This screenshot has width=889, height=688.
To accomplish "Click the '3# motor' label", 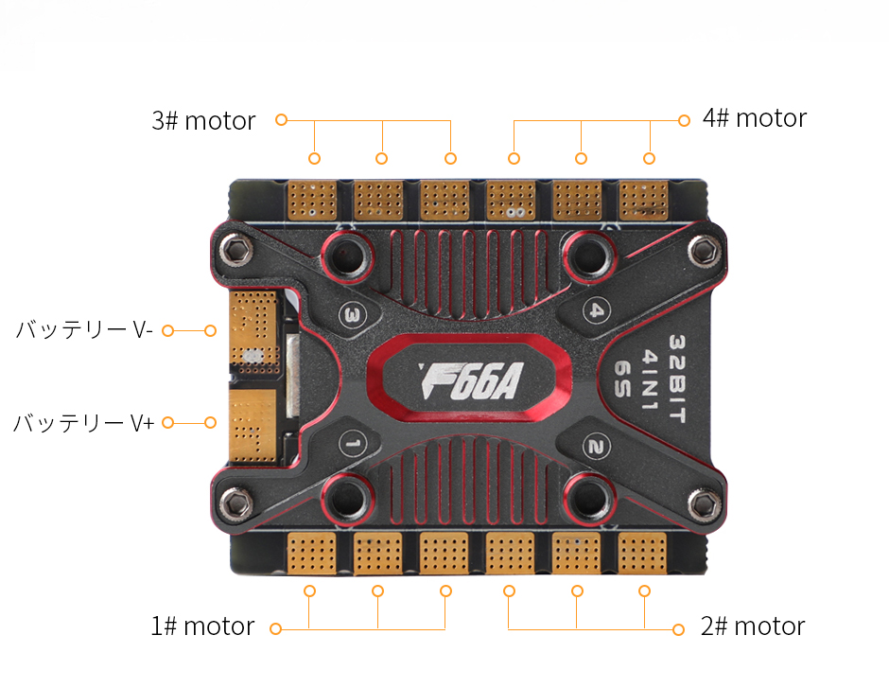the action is [x=203, y=121].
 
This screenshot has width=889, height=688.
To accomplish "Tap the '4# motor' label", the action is [x=754, y=118].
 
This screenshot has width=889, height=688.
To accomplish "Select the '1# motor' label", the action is [x=202, y=626].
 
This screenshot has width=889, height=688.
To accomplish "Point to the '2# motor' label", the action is [x=753, y=626].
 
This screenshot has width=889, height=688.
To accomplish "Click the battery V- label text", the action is [x=84, y=329].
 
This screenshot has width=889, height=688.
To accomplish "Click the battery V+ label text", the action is [x=83, y=423].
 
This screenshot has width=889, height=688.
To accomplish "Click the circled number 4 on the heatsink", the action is [x=597, y=310].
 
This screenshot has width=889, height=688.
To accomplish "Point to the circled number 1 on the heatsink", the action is [x=352, y=443].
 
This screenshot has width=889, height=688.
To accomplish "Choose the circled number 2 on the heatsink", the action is [x=596, y=447].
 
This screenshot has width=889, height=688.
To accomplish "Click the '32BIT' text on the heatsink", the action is [x=677, y=379].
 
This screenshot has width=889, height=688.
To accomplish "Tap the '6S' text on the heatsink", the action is [x=622, y=379].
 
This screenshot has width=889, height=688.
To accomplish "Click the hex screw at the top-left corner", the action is [x=235, y=250].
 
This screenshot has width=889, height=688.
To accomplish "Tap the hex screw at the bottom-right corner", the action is [x=705, y=503].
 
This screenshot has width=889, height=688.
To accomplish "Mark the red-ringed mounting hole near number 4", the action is [x=589, y=257].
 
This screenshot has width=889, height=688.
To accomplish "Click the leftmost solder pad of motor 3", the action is [x=312, y=201].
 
